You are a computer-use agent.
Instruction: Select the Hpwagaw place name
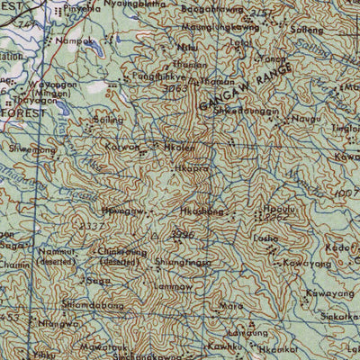(123, 210)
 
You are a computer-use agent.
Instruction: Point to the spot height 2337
(91, 225)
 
